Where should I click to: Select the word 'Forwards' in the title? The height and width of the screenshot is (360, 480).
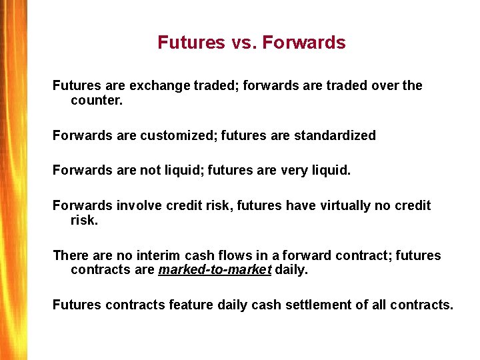[304, 43]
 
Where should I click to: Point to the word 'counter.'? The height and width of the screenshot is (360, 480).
[97, 101]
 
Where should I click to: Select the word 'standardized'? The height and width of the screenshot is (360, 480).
[336, 135]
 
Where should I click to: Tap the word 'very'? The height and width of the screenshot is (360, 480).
[293, 170]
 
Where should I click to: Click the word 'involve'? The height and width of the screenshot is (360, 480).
[136, 205]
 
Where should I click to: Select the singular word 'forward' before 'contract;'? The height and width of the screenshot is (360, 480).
[309, 255]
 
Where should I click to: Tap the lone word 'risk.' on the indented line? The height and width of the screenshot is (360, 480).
[84, 221]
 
